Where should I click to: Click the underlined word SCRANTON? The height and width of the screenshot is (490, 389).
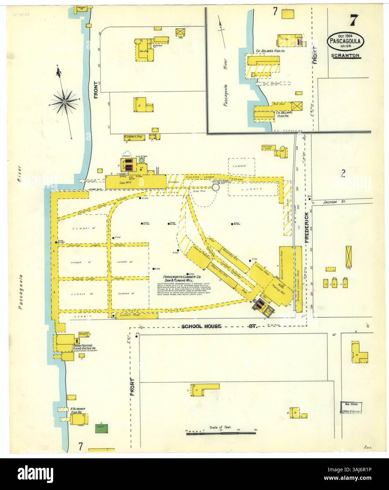click(x=345, y=56)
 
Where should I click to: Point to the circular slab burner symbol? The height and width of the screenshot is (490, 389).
click(x=216, y=188)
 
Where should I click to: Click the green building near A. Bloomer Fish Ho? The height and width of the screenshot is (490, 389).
click(x=102, y=429)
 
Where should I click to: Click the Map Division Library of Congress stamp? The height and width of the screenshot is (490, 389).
click(x=351, y=408)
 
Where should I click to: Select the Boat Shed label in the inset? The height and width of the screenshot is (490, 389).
click(x=278, y=104)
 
